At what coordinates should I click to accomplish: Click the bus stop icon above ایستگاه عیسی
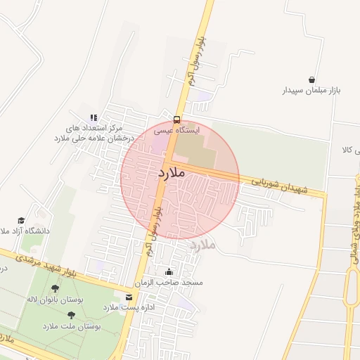[176, 119]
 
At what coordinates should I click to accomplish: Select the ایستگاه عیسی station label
[177, 130]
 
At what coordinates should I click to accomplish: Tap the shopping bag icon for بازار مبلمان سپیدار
[311, 79]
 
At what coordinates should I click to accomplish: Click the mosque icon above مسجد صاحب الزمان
[168, 271]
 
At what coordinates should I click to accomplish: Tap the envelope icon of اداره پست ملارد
[128, 297]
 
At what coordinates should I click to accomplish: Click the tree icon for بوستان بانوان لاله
[56, 288]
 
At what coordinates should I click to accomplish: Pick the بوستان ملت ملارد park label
[72, 327]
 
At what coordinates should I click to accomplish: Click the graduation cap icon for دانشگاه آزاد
[20, 219]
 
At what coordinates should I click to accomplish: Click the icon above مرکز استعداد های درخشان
[93, 117]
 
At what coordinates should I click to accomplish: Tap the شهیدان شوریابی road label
[278, 190]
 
